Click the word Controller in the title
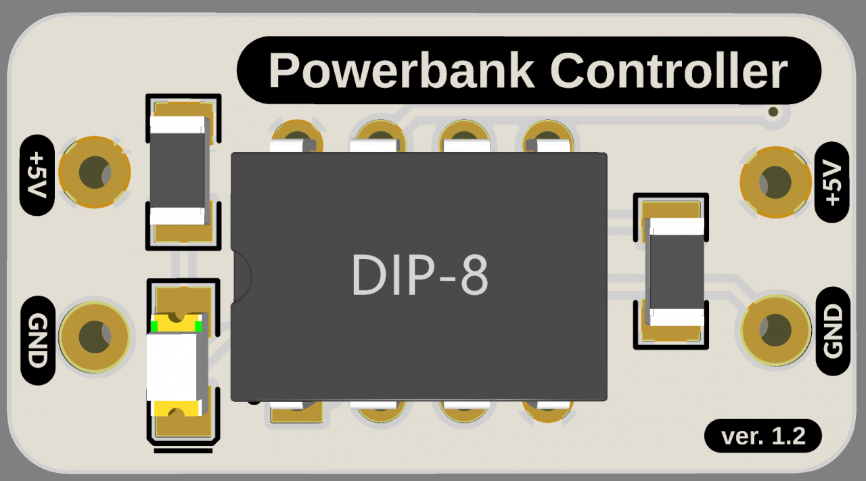coord(668,70)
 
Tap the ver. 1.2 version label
coord(763,436)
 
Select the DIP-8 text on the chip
coord(419,276)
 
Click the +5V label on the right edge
coord(832,183)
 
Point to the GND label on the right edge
coord(833,331)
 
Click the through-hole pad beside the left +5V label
coord(94,173)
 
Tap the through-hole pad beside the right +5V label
coord(775,182)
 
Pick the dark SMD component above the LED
coord(177,169)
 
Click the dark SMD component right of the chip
coord(675,271)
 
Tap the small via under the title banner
coord(774,112)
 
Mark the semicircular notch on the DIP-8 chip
coord(242,276)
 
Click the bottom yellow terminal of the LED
coord(177,408)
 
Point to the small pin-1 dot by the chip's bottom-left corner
coord(253,400)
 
